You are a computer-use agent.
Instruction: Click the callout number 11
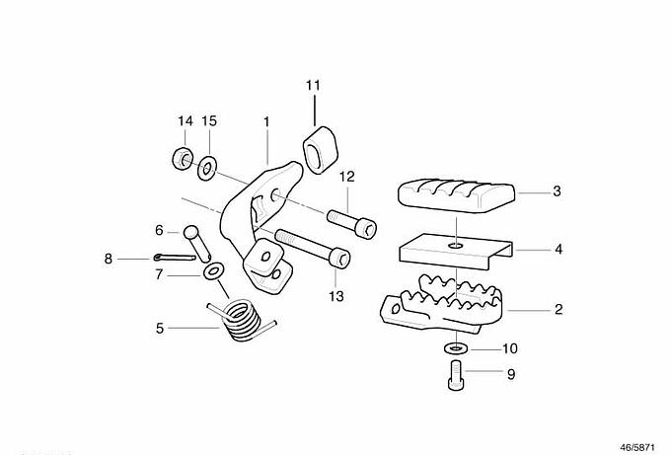point(313,86)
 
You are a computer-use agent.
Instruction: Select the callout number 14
point(185,121)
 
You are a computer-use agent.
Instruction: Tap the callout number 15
point(209,121)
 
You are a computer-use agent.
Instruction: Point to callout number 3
point(557,191)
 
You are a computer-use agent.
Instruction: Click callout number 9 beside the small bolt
point(510,374)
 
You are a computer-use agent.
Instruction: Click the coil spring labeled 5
point(241,322)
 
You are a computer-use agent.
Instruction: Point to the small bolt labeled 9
point(455,376)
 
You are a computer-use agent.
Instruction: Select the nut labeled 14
point(182,157)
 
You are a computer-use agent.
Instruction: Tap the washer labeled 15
point(209,168)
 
